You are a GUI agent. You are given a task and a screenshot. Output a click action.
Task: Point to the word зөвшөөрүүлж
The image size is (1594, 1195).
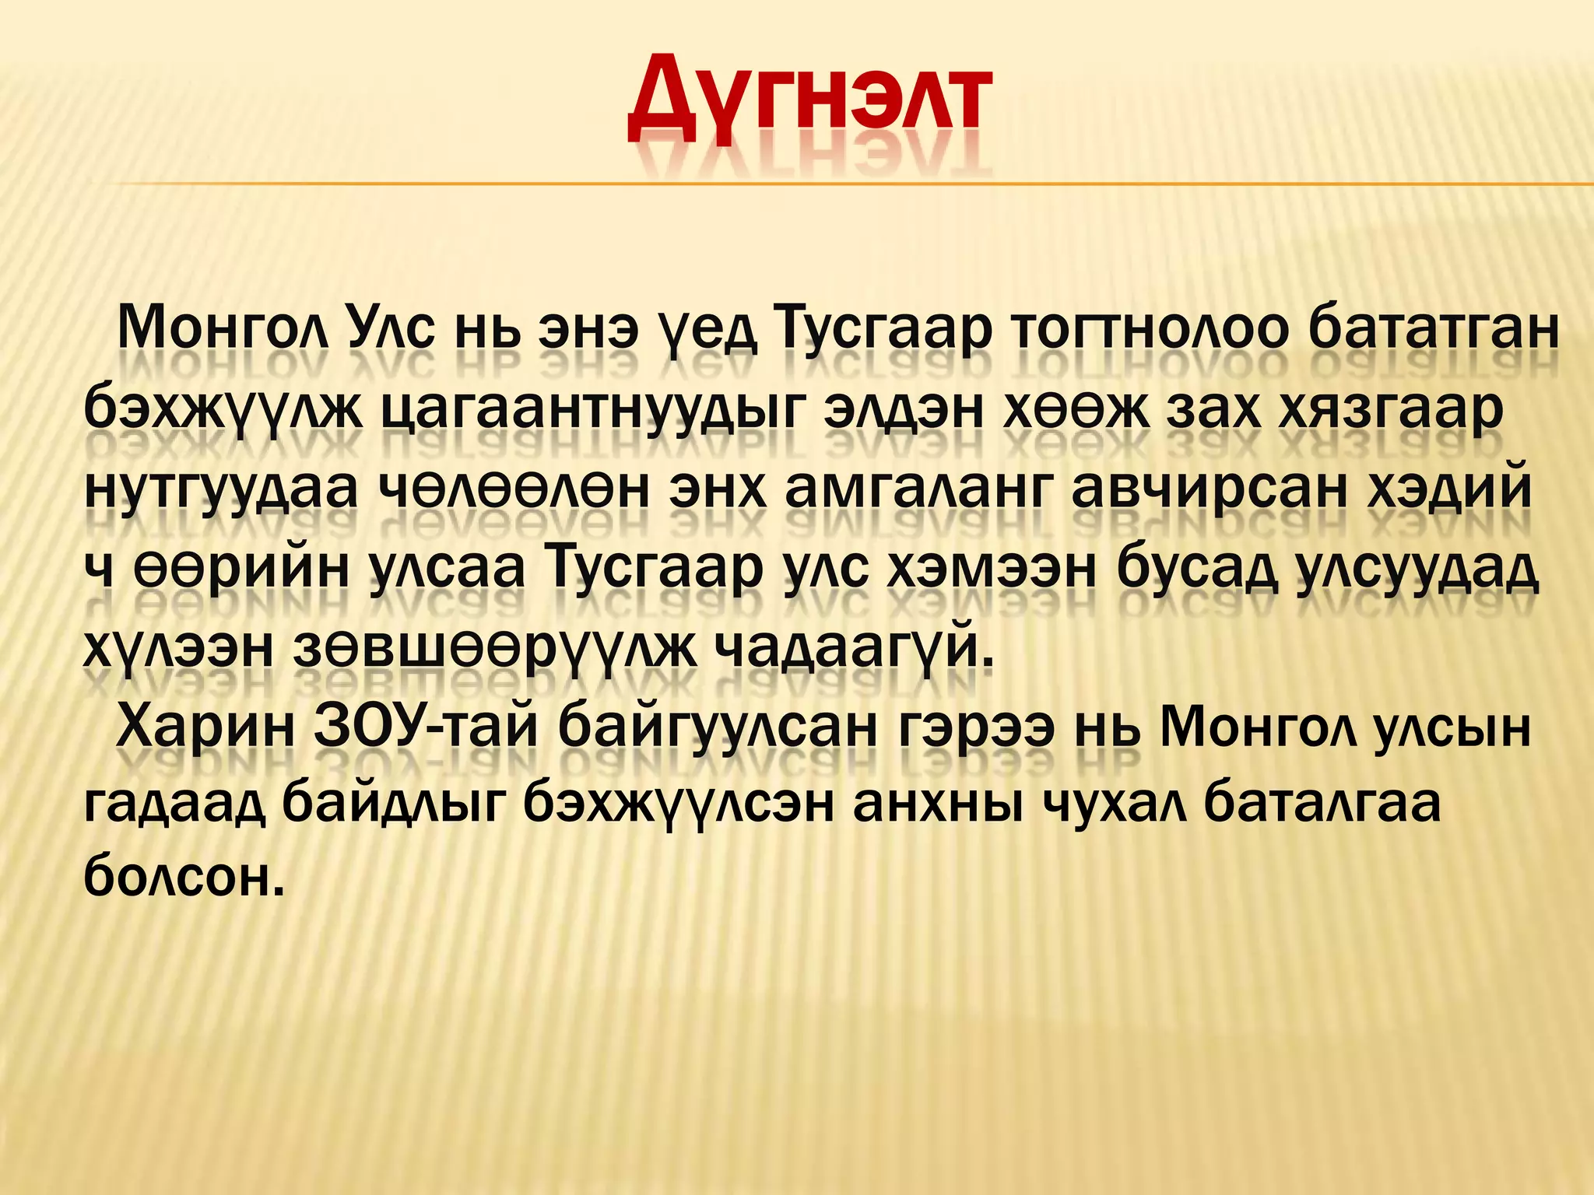tap(494, 649)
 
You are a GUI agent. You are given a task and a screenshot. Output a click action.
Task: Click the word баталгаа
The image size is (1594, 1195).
tap(1323, 804)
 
